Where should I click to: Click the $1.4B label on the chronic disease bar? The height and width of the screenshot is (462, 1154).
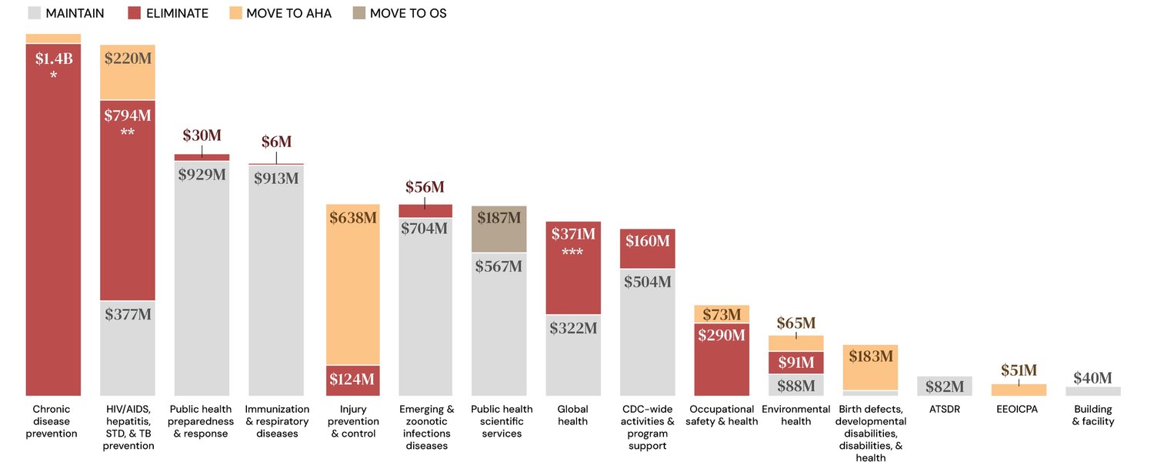pos(54,59)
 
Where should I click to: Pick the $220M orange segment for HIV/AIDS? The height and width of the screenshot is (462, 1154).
pos(128,72)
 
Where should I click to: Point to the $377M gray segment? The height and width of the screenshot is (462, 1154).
pos(128,346)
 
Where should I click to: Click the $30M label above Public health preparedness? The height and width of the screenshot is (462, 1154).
pos(202,136)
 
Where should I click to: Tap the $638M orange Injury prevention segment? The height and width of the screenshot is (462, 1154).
pos(353,285)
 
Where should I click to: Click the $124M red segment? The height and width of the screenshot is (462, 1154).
pos(353,380)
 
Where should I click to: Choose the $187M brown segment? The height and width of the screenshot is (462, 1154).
pos(499,229)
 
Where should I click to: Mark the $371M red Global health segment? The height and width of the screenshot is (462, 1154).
pos(573,268)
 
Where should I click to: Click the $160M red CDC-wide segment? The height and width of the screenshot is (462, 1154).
pos(647,249)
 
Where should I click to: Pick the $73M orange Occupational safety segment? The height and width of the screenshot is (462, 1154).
pos(722,314)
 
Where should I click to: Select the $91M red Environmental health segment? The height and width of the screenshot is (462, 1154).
pos(795,362)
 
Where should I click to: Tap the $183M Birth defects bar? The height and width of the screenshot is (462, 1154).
pos(870,367)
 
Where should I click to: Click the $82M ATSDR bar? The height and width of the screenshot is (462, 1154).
pos(944,387)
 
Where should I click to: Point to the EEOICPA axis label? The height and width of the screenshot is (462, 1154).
pos(1018,410)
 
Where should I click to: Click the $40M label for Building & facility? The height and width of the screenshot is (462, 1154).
pos(1092,378)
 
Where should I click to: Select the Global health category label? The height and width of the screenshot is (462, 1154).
pos(573,415)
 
